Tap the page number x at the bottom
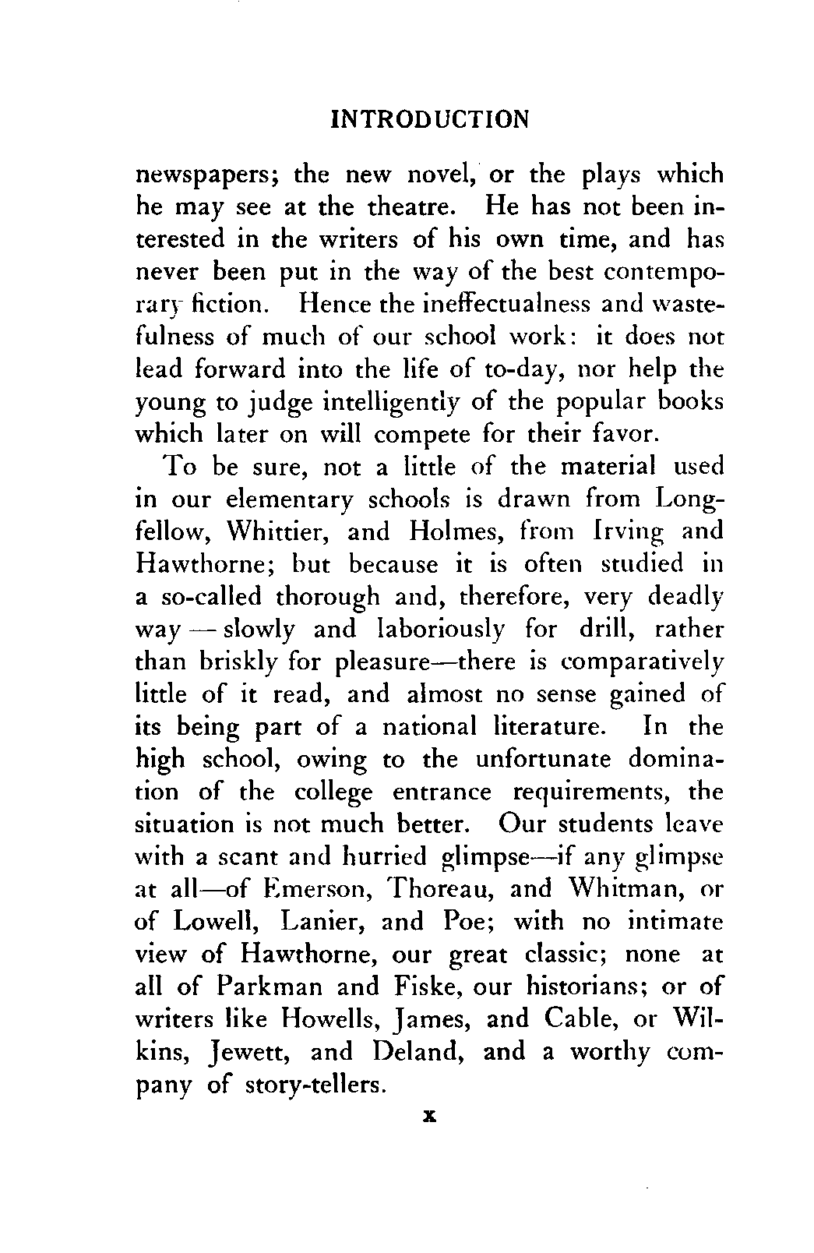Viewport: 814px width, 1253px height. click(428, 1116)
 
